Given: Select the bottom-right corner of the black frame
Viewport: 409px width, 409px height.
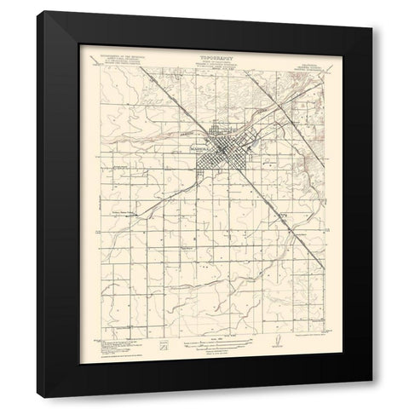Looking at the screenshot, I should tap(373, 398).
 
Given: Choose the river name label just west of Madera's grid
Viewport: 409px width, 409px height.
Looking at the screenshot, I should tap(191, 134).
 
